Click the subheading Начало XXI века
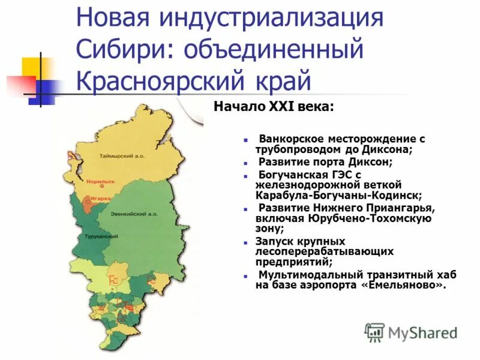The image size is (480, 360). point(274,107)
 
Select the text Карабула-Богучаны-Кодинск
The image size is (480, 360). point(338,195)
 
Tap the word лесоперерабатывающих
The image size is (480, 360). point(324,251)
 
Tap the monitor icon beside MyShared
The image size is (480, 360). point(374,332)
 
